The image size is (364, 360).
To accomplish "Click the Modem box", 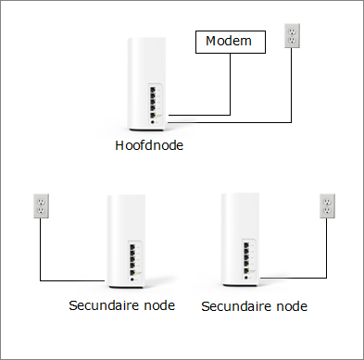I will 229,41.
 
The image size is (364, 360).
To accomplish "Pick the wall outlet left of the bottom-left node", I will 40,205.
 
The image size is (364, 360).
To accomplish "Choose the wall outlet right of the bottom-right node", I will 326,206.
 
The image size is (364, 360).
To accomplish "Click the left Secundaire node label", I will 120,304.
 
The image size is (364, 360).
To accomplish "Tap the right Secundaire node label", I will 254,304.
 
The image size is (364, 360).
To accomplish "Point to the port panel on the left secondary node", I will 138,258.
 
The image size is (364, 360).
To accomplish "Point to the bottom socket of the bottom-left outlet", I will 40,212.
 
